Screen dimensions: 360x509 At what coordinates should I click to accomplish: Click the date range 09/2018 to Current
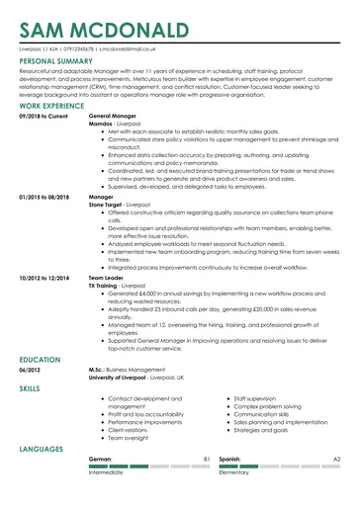pyautogui.click(x=44, y=116)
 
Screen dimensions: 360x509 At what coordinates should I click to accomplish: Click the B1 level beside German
pyautogui.click(x=207, y=460)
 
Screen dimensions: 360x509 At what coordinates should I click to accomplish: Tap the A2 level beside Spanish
pyautogui.click(x=336, y=460)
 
